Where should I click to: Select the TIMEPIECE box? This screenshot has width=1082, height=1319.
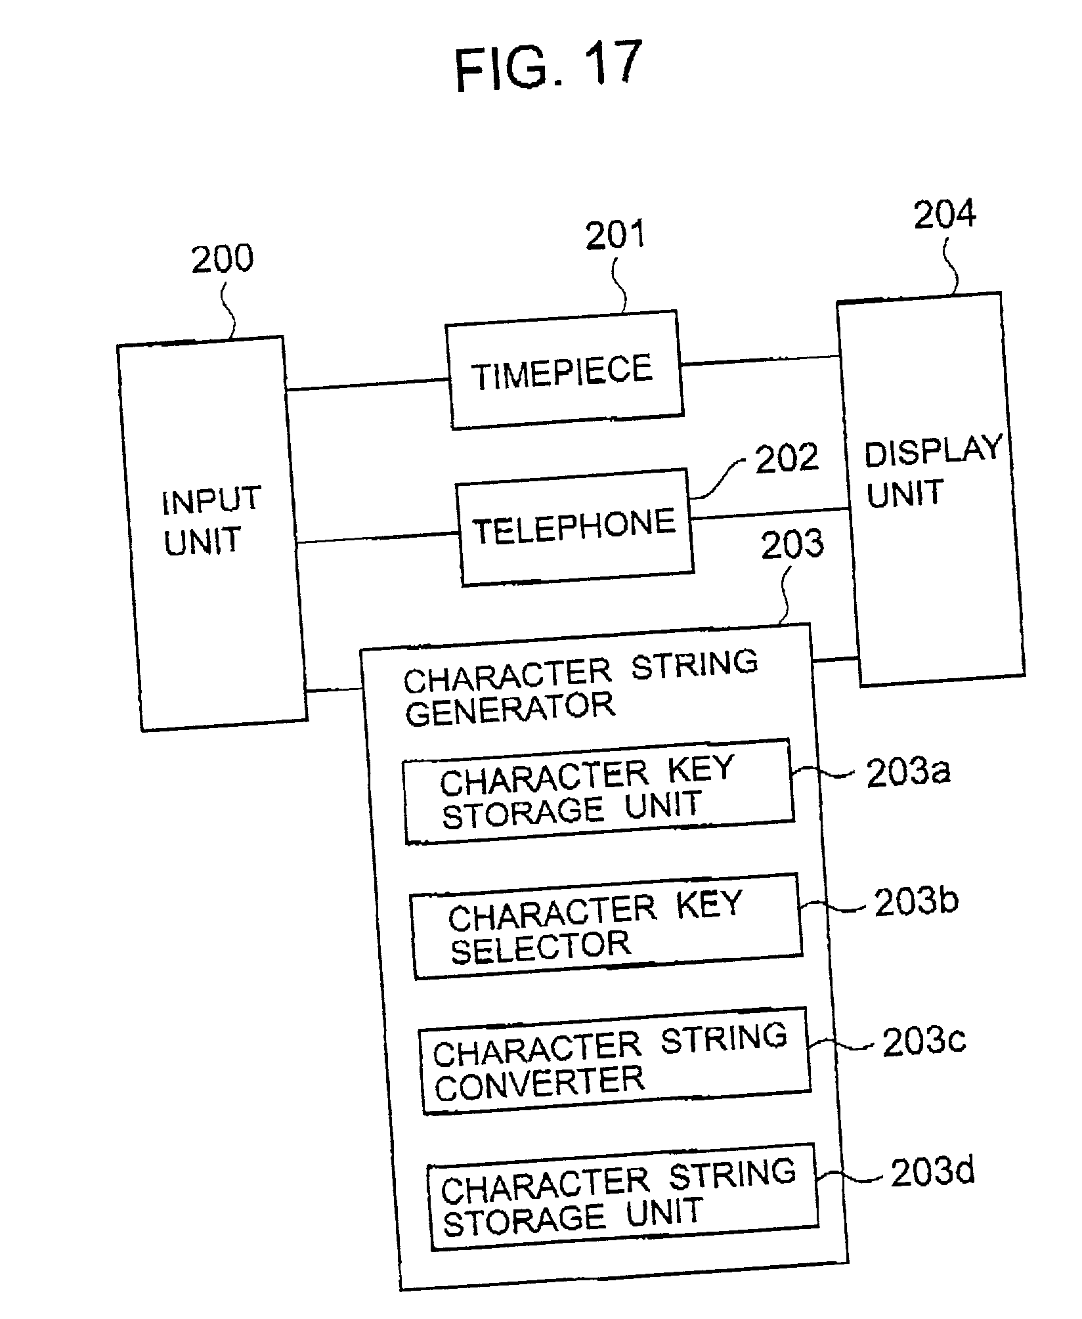point(564,370)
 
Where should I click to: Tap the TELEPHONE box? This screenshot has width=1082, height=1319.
point(574,527)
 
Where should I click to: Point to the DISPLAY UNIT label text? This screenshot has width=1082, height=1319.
point(933,470)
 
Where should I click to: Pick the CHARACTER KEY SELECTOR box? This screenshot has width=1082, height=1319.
point(606,926)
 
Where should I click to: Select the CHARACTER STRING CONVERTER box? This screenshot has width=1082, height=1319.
point(615,1060)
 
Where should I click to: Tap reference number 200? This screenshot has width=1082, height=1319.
point(222,259)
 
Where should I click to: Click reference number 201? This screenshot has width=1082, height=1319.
point(615,235)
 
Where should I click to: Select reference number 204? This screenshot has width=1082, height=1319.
point(945,214)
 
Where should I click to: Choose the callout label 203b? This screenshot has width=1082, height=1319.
point(917,901)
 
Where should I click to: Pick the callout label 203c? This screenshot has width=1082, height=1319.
point(924,1041)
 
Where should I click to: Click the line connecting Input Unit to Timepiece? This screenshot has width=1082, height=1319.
point(366,385)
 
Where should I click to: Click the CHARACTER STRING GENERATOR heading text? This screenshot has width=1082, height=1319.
point(580,688)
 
